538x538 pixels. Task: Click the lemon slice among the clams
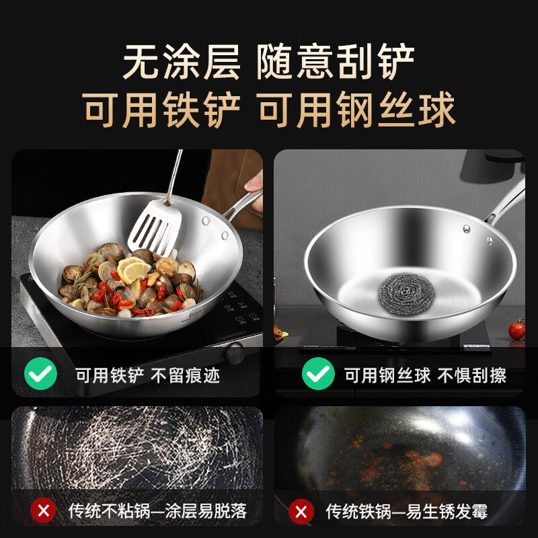click(x=133, y=269)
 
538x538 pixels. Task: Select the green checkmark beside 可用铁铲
click(x=40, y=375)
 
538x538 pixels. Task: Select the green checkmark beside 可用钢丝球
click(x=317, y=375)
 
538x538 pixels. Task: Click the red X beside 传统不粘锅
click(x=44, y=511)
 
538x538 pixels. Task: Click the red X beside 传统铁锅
click(x=301, y=511)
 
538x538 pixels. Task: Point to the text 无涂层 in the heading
click(x=182, y=62)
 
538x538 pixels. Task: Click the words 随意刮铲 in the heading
click(x=336, y=62)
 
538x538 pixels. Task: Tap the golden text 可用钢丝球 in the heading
click(x=357, y=110)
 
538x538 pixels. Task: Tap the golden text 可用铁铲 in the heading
click(x=161, y=110)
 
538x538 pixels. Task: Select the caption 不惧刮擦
click(x=471, y=375)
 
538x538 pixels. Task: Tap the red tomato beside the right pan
click(x=516, y=330)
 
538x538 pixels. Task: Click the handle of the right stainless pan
click(x=508, y=202)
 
